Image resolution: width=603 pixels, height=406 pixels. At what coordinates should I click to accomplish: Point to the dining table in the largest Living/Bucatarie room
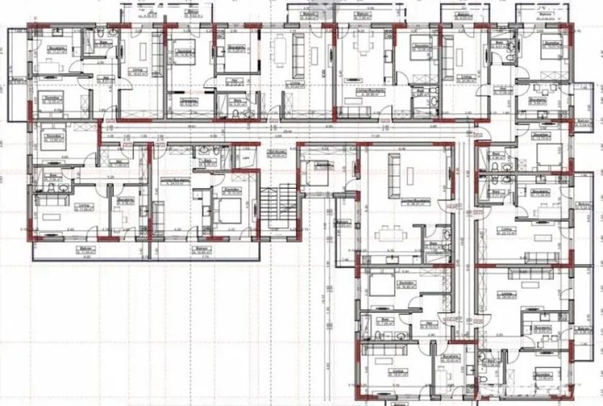(390, 232)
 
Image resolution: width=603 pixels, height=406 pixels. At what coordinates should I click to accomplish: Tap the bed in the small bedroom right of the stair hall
(316, 174)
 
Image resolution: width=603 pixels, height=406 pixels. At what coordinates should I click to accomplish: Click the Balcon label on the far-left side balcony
(17, 79)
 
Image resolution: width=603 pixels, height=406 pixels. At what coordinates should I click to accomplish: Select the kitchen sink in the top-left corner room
(57, 35)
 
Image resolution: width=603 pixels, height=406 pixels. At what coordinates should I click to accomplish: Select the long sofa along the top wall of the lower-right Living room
(529, 273)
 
